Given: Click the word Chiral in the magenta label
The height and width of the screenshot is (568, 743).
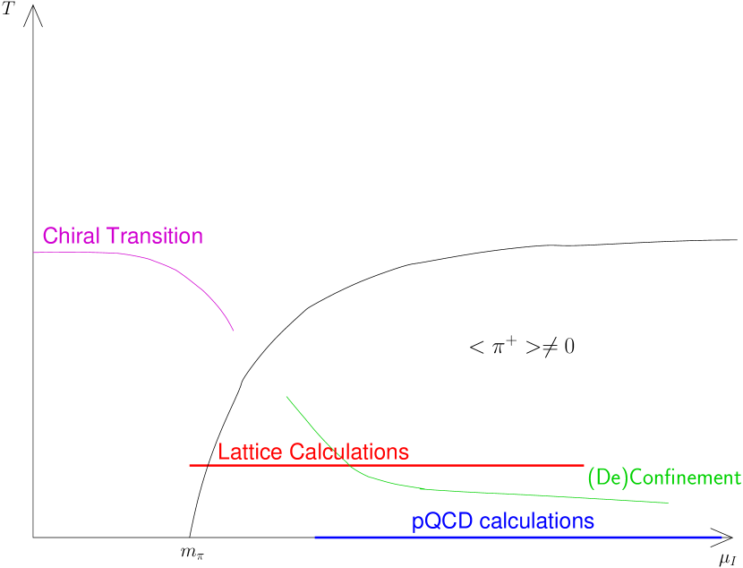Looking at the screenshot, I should point(72,237).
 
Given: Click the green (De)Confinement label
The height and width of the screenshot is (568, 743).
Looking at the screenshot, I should point(663,478).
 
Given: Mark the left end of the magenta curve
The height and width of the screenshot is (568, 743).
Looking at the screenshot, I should point(34,253).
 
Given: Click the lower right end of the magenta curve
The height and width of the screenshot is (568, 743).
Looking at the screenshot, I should point(234,331).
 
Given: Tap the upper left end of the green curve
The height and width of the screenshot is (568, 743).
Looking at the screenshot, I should point(286,396).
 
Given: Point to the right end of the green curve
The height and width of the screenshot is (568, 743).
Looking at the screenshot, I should point(668,503).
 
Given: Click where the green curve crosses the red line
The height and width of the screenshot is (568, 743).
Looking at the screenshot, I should point(346,465).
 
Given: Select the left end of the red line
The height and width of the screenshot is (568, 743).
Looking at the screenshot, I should point(190,465).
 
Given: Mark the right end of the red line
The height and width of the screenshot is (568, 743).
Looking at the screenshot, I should point(584,465).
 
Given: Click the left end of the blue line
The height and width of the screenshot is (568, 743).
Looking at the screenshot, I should point(315,537).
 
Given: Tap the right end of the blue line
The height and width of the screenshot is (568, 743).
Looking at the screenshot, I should point(722,537).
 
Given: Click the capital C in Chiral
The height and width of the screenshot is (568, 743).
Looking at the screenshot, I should point(50,237).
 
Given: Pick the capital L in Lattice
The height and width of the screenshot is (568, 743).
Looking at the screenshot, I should point(223,452).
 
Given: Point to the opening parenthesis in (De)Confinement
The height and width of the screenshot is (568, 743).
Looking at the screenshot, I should point(591,478).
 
